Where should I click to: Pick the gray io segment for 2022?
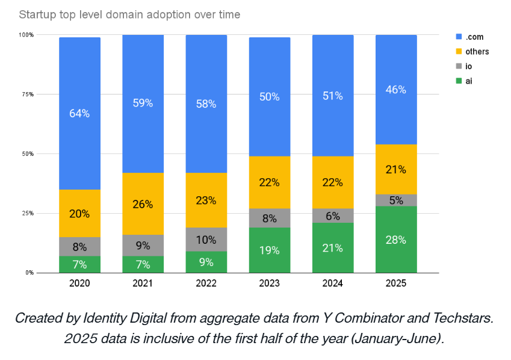pos(206,240)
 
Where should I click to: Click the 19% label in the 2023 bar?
pos(270,250)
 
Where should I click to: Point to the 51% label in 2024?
pos(333,96)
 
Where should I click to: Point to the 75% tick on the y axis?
pos(26,95)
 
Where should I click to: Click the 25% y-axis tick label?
pos(26,213)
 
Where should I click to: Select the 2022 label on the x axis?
pos(206,283)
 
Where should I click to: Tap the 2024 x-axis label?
pos(333,283)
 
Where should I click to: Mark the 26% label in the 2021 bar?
pos(143,204)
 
